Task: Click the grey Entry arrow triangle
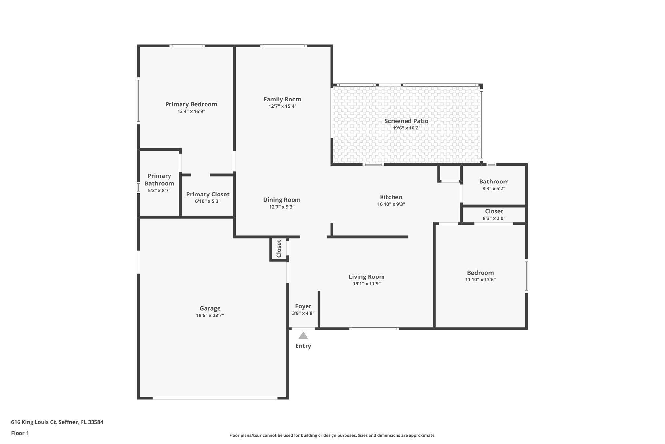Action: click(303, 335)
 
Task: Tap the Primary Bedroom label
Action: click(191, 104)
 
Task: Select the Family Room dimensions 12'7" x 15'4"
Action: click(282, 106)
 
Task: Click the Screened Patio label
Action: click(406, 121)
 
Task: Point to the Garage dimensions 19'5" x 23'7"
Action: click(210, 315)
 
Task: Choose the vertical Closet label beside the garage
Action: click(279, 249)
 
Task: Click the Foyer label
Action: click(303, 306)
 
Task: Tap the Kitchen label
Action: click(391, 197)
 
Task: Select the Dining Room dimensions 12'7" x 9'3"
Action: click(282, 207)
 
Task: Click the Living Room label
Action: click(367, 276)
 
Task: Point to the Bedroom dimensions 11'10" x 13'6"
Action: click(480, 279)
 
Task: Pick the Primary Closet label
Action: click(207, 194)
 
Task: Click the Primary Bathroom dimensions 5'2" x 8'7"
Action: click(159, 190)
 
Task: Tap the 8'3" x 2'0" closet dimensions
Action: click(494, 218)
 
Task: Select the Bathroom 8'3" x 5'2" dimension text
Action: click(494, 188)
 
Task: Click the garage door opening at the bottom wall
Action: click(215, 398)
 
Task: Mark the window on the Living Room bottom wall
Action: click(374, 329)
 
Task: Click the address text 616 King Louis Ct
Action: click(34, 422)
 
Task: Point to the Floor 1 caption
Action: click(20, 433)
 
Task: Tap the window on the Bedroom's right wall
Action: click(526, 276)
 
